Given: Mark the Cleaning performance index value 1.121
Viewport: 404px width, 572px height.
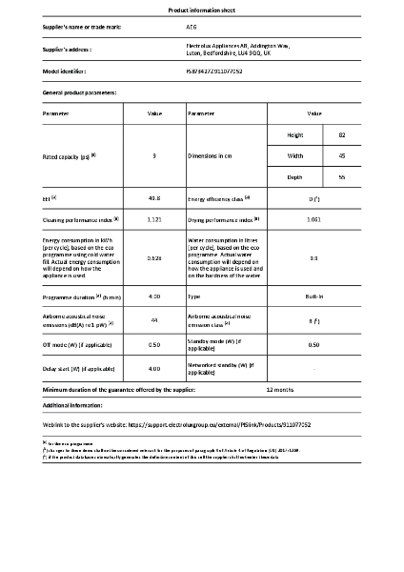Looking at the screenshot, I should (154, 218).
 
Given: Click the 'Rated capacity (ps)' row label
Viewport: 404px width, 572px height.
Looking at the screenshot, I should (71, 155).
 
